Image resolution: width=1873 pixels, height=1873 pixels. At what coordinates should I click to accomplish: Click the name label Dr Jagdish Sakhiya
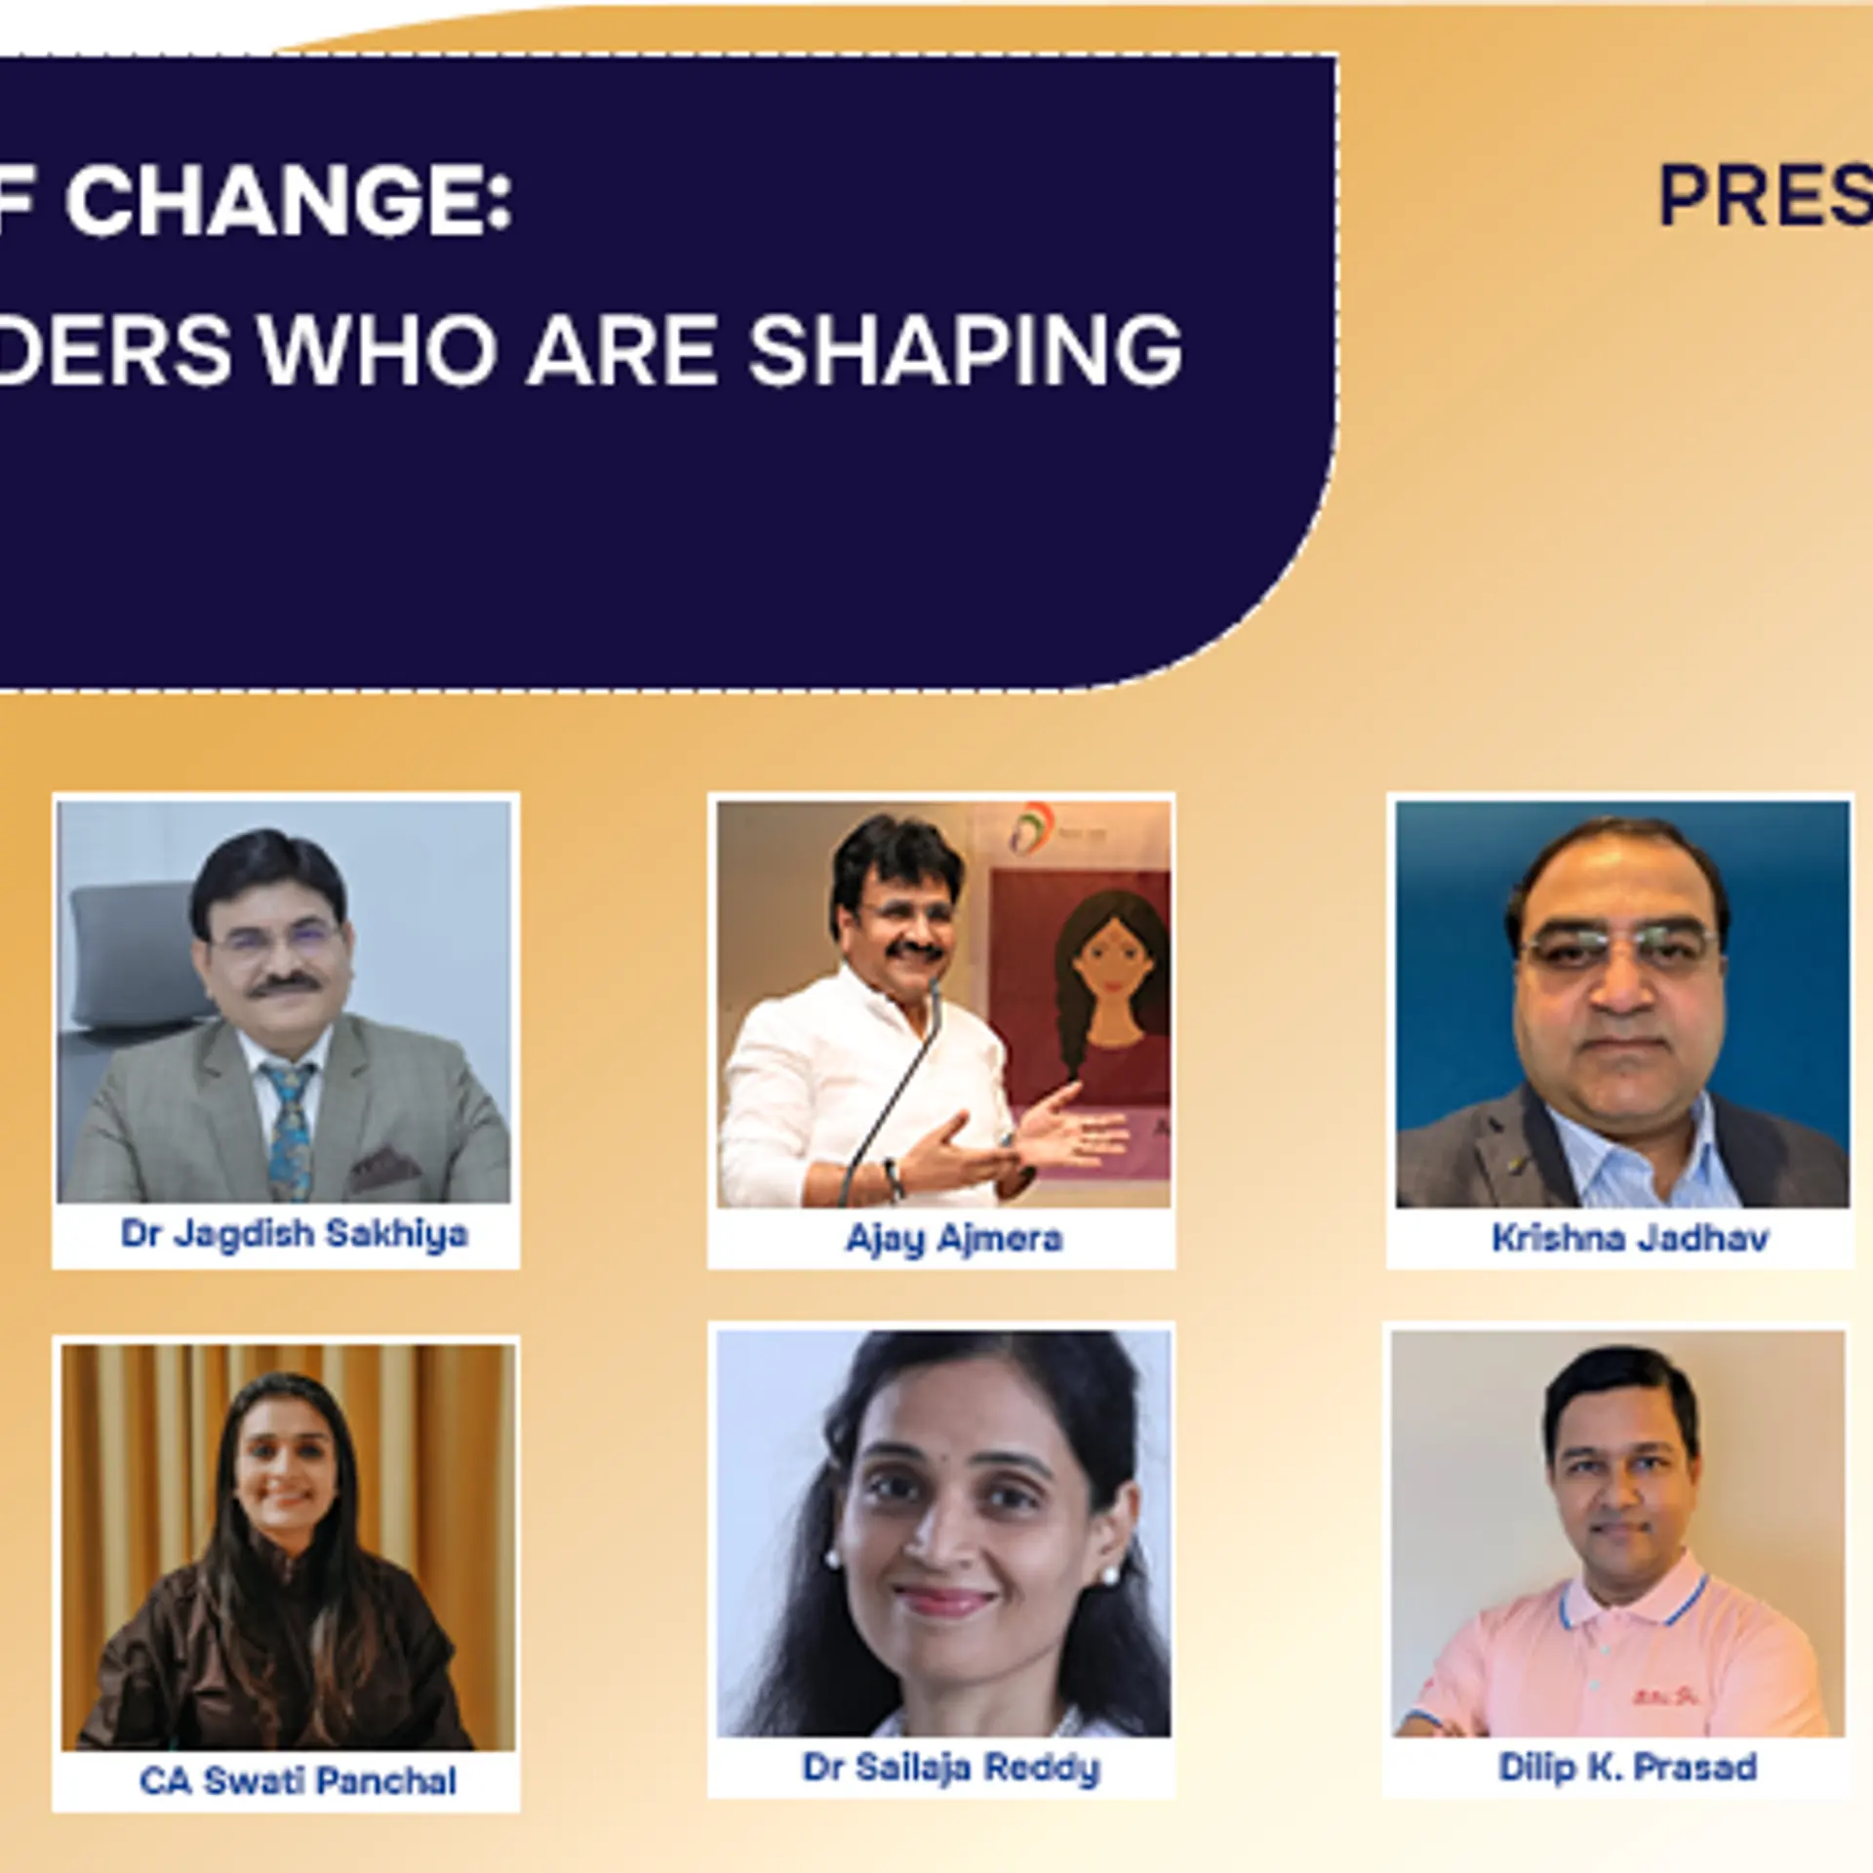[294, 1234]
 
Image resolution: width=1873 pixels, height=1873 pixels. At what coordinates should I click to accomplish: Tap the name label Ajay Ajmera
[953, 1238]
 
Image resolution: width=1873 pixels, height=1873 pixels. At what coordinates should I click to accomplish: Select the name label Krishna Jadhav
[1629, 1238]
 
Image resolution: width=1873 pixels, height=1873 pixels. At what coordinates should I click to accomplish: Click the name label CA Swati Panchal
[298, 1780]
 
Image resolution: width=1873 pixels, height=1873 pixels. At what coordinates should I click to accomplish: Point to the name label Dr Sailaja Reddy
[951, 1767]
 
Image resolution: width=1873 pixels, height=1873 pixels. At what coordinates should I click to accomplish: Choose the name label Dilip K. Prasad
[1627, 1767]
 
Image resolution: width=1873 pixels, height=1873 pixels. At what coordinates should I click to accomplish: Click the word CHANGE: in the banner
[288, 200]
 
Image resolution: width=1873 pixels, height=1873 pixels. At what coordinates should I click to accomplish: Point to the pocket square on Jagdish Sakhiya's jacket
[385, 1163]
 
